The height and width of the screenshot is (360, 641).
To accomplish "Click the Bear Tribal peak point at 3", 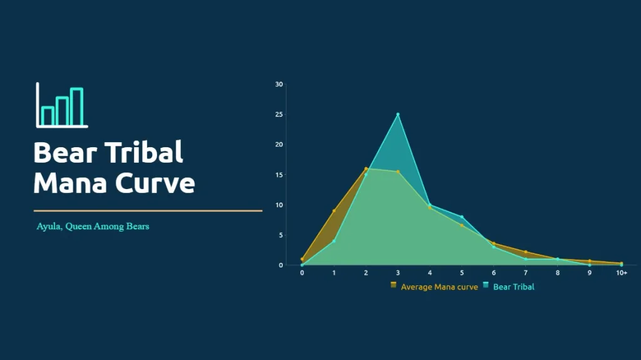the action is (x=397, y=115).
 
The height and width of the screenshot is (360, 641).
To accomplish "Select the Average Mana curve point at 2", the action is (x=366, y=168).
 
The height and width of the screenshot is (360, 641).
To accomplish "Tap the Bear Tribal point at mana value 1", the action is (x=334, y=242).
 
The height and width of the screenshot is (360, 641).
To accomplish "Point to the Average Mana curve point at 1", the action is (x=334, y=211).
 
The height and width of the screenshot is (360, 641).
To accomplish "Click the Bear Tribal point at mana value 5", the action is (x=462, y=217).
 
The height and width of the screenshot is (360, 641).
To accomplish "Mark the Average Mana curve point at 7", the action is (x=526, y=252).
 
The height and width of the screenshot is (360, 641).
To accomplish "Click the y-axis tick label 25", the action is (x=279, y=115).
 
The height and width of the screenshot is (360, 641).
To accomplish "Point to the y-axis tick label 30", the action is (x=279, y=85).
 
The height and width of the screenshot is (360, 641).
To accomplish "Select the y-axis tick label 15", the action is (x=279, y=175).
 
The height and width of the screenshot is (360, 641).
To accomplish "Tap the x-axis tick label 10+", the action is (x=622, y=273).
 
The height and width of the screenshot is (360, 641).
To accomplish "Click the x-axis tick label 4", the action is (x=429, y=273).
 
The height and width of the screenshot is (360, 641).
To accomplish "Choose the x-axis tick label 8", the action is (x=558, y=273).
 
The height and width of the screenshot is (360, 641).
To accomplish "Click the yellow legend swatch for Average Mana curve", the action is (x=393, y=285).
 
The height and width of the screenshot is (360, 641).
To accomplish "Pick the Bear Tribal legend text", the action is (x=513, y=287).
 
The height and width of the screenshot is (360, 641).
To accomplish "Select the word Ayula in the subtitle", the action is (x=49, y=227).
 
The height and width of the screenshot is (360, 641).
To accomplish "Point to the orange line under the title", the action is (x=148, y=211).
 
